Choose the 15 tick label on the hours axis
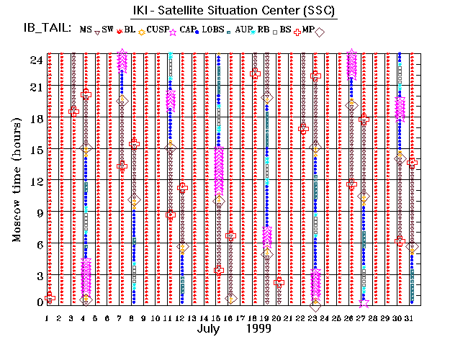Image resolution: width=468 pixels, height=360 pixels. pos(35,150)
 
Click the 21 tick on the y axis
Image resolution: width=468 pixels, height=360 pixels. pos(35,87)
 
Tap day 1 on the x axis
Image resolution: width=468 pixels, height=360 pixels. pos(48,318)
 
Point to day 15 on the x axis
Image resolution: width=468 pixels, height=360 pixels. pos(217,318)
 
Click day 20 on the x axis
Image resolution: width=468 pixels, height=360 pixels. pos(278,318)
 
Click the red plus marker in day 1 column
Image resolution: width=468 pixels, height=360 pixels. pos(50,297)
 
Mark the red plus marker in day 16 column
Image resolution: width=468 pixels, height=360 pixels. pos(230,235)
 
